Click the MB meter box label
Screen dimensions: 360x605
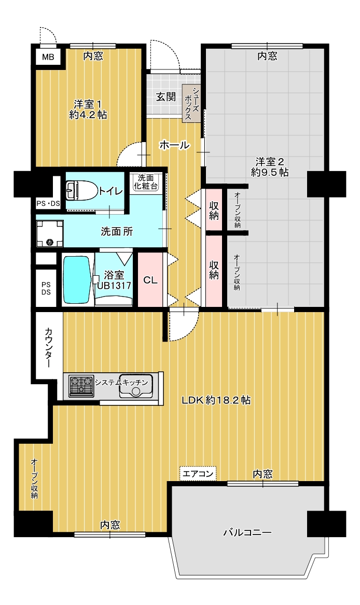[48, 58]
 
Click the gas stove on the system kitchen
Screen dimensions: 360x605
[81, 386]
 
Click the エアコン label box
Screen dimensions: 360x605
[198, 473]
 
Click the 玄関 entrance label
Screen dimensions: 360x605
[165, 96]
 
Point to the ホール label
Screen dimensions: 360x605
[174, 145]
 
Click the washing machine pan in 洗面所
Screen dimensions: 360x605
[49, 233]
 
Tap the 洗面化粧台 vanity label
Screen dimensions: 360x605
[146, 182]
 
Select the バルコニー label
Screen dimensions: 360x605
[247, 533]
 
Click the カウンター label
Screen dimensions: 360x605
[49, 347]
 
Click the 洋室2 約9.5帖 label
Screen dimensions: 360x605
[270, 166]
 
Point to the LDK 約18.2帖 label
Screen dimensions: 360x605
[216, 400]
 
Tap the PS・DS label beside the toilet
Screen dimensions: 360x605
[48, 203]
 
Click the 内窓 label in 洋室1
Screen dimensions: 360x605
[93, 57]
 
